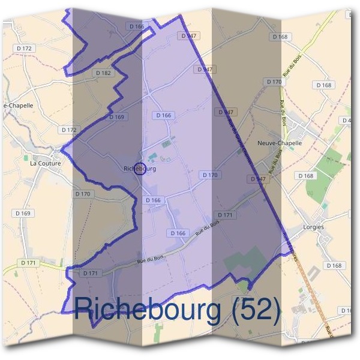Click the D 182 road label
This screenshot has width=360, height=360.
coord(103,73)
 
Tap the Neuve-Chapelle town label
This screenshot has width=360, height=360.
coord(278,143)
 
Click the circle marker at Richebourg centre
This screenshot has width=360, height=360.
coord(139,169)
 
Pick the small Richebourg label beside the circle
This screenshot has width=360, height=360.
coord(140,169)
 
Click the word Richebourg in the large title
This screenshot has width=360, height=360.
coord(146,310)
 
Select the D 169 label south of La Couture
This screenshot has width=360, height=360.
coord(22,214)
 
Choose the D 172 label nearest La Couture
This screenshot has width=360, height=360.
coord(70,130)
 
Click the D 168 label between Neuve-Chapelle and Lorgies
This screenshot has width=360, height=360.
coord(305,176)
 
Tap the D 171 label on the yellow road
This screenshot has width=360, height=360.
coord(27,263)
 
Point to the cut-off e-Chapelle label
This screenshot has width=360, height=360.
coord(18,105)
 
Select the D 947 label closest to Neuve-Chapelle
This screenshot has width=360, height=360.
coord(258,179)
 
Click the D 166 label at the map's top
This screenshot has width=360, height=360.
coord(137,26)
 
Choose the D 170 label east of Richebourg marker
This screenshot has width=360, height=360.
coord(209,175)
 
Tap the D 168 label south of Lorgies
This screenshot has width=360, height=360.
coord(334,265)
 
